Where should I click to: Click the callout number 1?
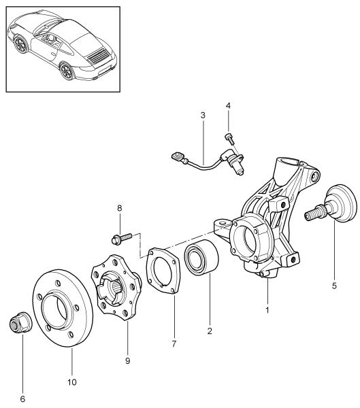pos(267,310)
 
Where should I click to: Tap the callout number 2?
pos(210,330)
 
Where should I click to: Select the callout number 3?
pos(203,115)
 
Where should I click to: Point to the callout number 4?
pos(228,105)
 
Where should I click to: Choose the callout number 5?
pos(334,286)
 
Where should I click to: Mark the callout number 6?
pos(22,398)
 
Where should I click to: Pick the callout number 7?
pos(174,343)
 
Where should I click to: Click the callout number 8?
pos(120,208)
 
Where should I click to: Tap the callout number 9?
pos(127,361)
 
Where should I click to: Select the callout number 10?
pos(72,382)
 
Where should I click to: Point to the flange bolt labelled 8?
pos(121,238)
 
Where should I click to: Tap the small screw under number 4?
pos(229,138)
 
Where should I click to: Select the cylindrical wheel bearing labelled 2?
pos(201,257)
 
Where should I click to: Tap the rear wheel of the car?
pos(67,70)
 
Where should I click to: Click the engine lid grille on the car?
pos(98,55)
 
